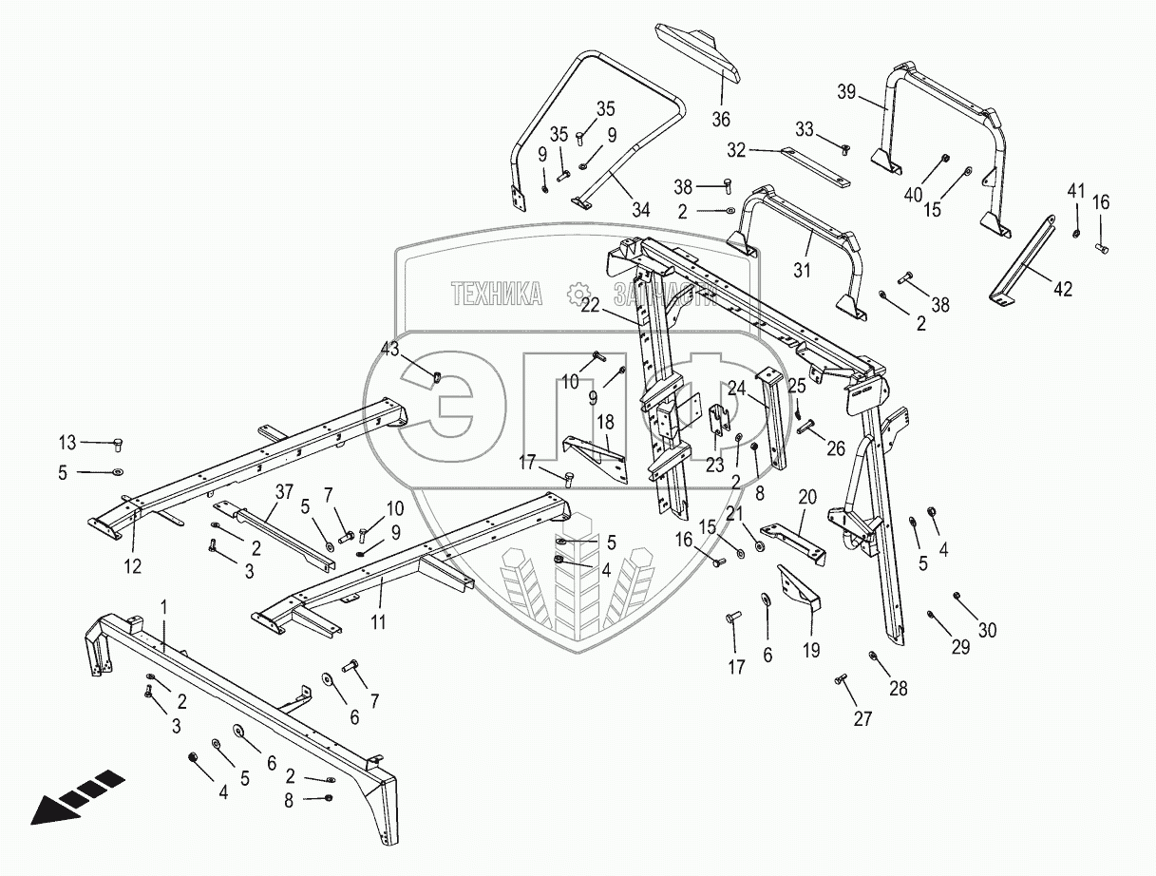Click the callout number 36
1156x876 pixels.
pos(721,119)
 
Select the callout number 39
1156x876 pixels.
pos(846,92)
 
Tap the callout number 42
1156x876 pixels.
pos(1062,289)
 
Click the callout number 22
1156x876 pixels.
pos(591,305)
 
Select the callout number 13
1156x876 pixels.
pos(66,442)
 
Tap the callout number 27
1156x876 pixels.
pos(862,719)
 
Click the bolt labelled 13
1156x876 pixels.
pos(118,443)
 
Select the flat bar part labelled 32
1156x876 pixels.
pos(815,167)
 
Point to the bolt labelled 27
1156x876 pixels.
pos(841,679)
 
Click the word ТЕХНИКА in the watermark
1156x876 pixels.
pos(496,294)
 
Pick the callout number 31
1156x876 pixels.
pos(803,271)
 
